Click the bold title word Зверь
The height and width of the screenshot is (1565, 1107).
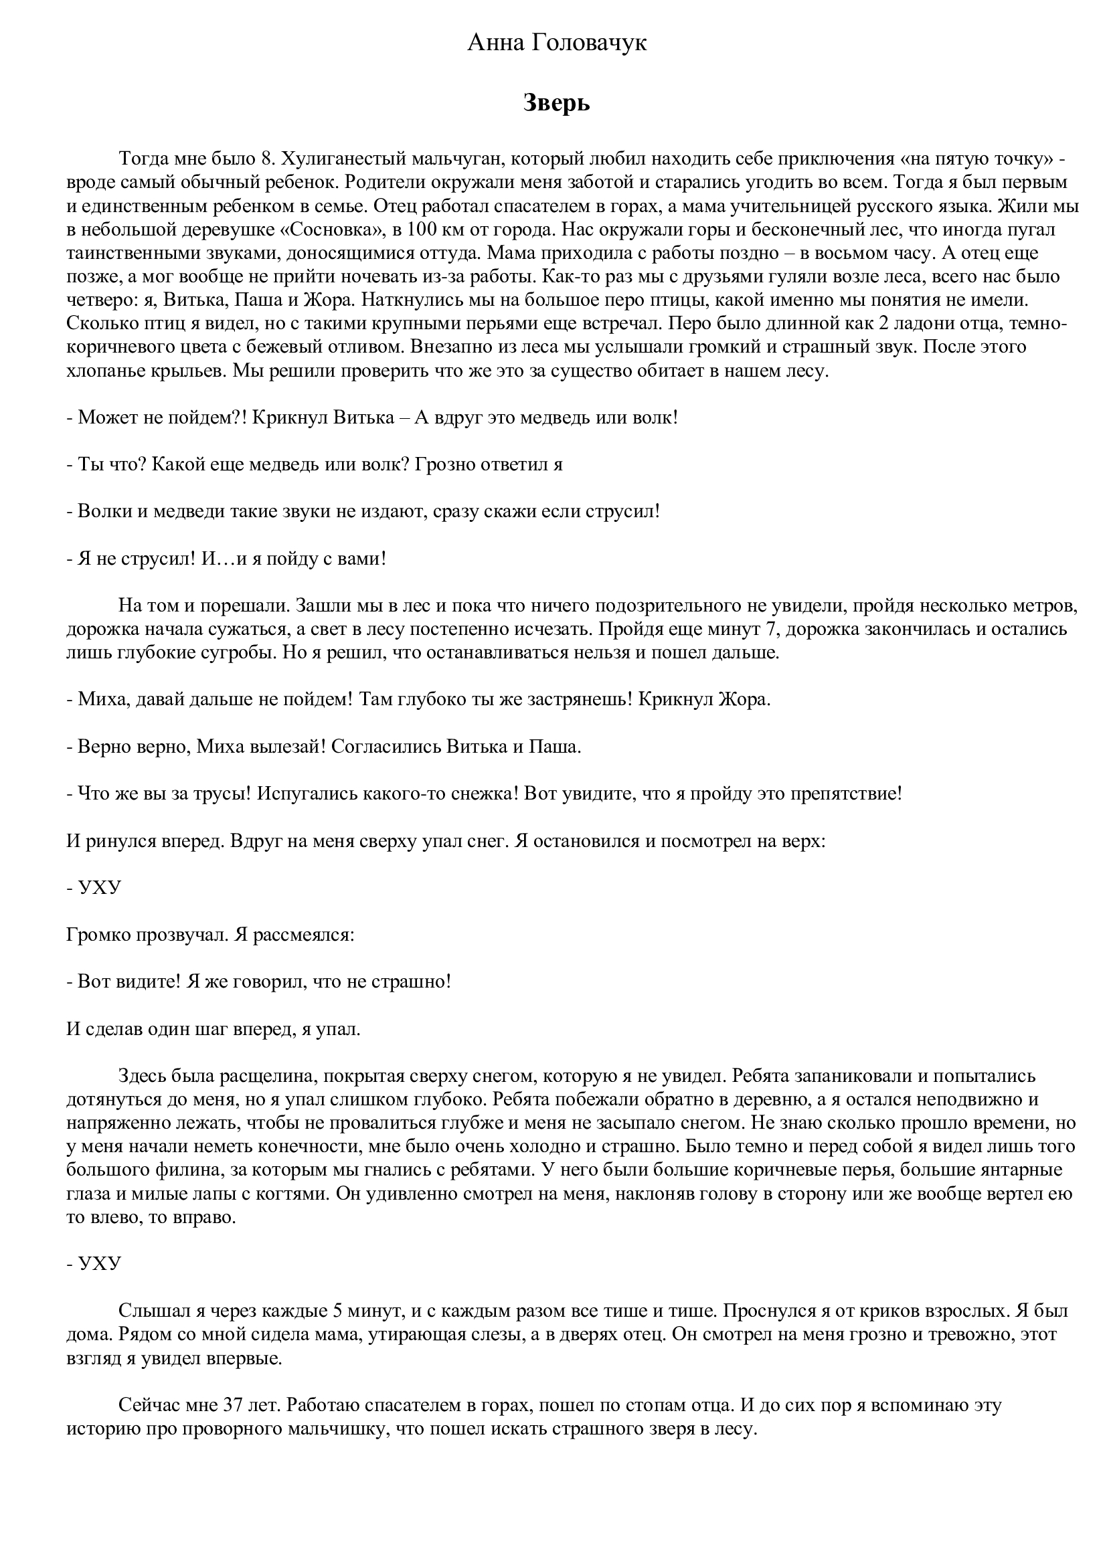click(556, 104)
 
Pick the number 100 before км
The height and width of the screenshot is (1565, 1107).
click(423, 229)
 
